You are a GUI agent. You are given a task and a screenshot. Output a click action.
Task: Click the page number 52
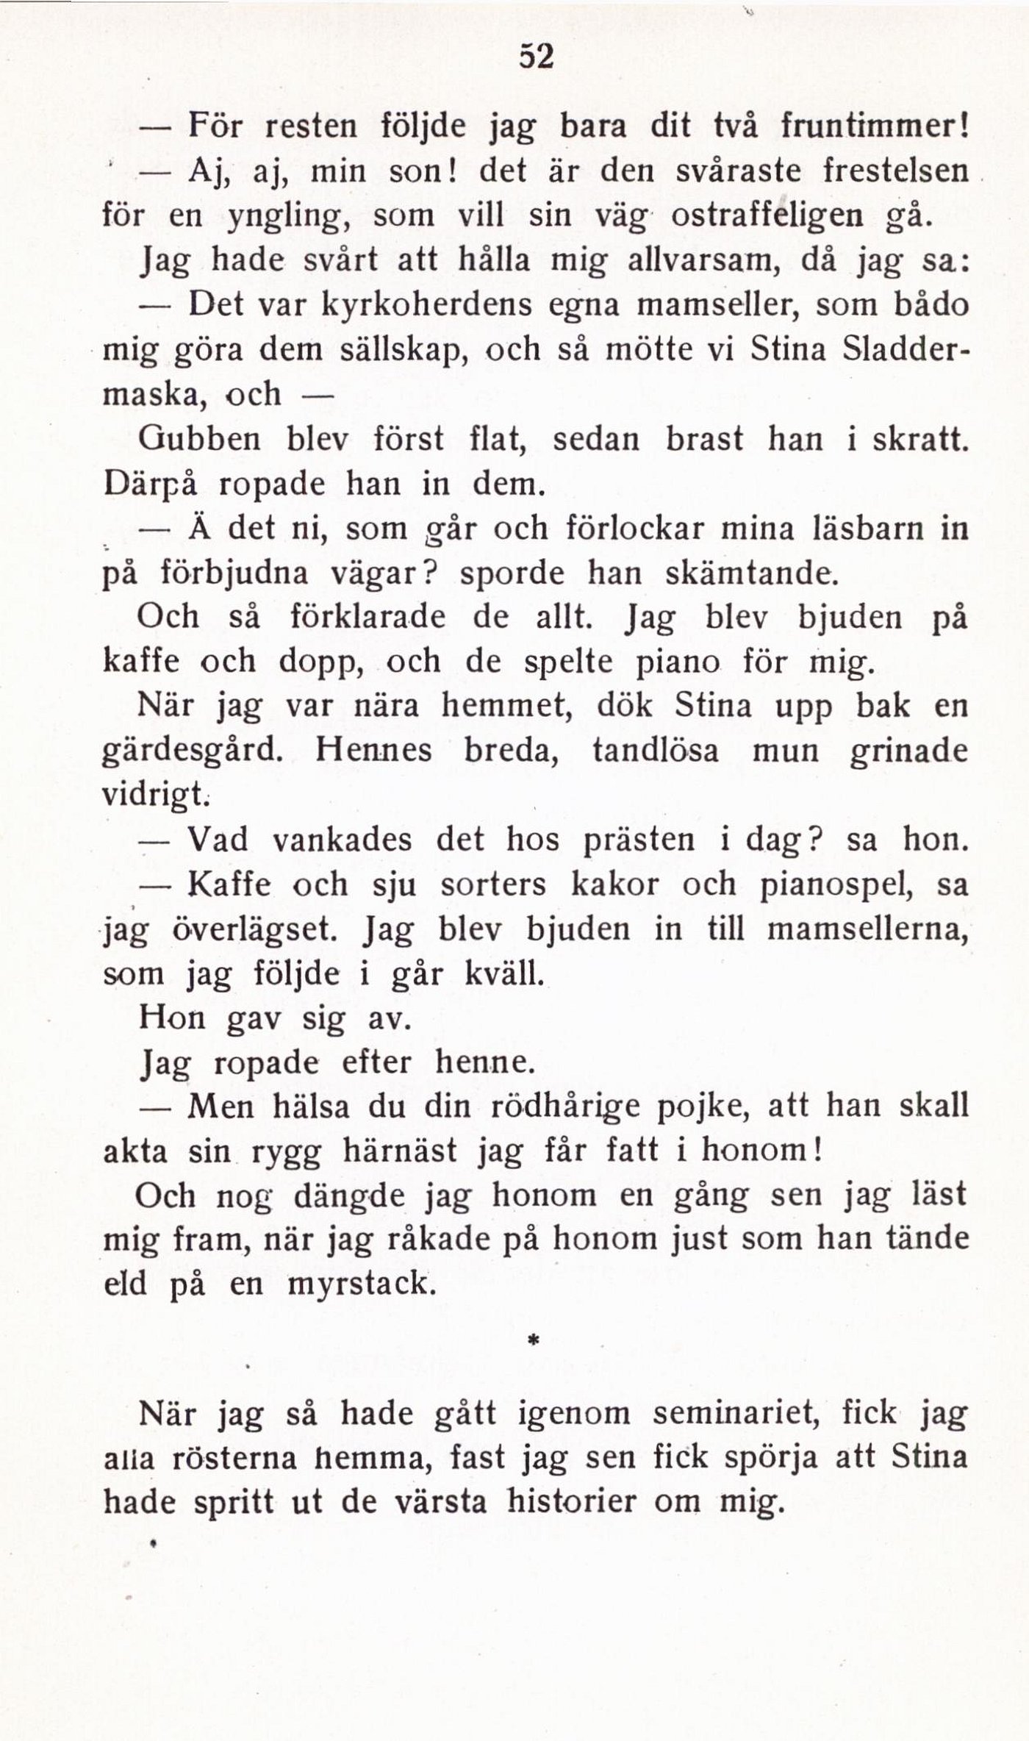pos(536,57)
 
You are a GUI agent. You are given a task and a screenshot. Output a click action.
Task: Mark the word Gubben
pos(199,440)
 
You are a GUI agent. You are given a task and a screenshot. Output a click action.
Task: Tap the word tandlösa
pos(656,752)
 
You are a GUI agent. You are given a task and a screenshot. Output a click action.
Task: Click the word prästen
pos(638,840)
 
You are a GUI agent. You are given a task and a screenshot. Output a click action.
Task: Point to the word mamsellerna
pos(867,930)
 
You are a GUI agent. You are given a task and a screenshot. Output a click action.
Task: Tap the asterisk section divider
pos(534,1341)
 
